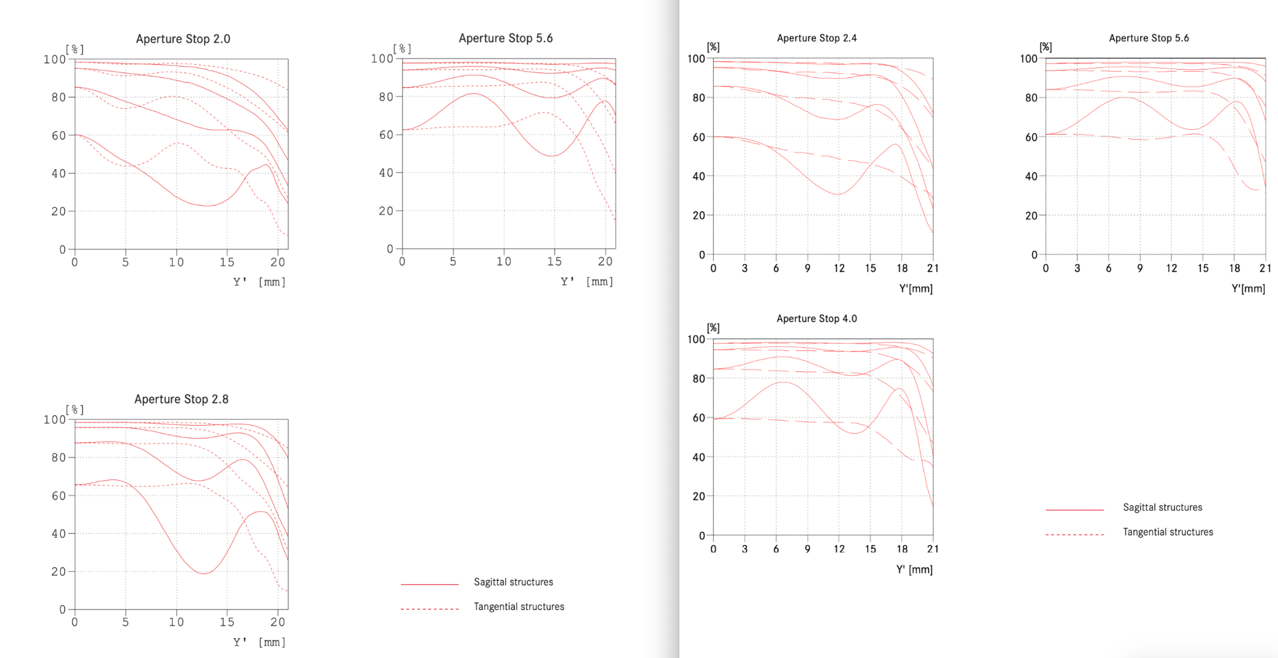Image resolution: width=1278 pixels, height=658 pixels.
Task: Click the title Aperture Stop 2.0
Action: (x=183, y=39)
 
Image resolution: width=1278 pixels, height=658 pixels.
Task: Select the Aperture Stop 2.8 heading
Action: (x=181, y=399)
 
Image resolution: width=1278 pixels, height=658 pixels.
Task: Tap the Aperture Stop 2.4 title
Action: (x=816, y=38)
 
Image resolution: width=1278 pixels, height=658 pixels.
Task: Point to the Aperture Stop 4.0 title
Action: (x=816, y=319)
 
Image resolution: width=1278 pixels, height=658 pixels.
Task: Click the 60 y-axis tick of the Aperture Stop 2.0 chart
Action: (x=59, y=136)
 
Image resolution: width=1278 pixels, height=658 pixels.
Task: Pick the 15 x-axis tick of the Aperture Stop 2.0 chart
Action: (x=226, y=262)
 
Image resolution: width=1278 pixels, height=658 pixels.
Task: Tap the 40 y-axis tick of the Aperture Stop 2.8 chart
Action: (x=59, y=534)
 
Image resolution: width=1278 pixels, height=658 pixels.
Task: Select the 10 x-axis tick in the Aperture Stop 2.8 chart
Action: (x=176, y=622)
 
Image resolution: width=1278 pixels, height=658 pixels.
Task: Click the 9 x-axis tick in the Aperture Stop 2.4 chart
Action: (x=808, y=268)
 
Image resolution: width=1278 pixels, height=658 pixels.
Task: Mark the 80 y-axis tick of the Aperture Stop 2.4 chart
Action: (x=699, y=98)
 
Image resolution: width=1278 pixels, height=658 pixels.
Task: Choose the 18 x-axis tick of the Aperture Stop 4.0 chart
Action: (x=902, y=549)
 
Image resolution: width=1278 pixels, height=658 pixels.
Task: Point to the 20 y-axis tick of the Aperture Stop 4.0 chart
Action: (x=699, y=497)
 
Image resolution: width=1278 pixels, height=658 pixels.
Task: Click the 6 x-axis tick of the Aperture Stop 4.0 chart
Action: (x=776, y=549)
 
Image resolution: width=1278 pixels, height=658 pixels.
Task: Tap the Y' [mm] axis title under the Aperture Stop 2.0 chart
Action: (x=259, y=282)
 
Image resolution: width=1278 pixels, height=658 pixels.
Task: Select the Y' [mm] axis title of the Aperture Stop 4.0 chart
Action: (x=914, y=570)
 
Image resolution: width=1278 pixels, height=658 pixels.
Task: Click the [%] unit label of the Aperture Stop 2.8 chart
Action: (x=75, y=409)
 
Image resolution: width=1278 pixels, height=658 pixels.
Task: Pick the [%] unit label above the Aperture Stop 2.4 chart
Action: (x=713, y=47)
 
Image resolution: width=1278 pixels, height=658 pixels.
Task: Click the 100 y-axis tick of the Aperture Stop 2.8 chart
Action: (x=54, y=419)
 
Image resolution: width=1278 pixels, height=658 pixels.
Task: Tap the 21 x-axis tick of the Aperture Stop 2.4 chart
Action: (x=933, y=268)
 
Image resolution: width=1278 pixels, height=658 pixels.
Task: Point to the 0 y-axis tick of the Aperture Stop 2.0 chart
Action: (x=62, y=250)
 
